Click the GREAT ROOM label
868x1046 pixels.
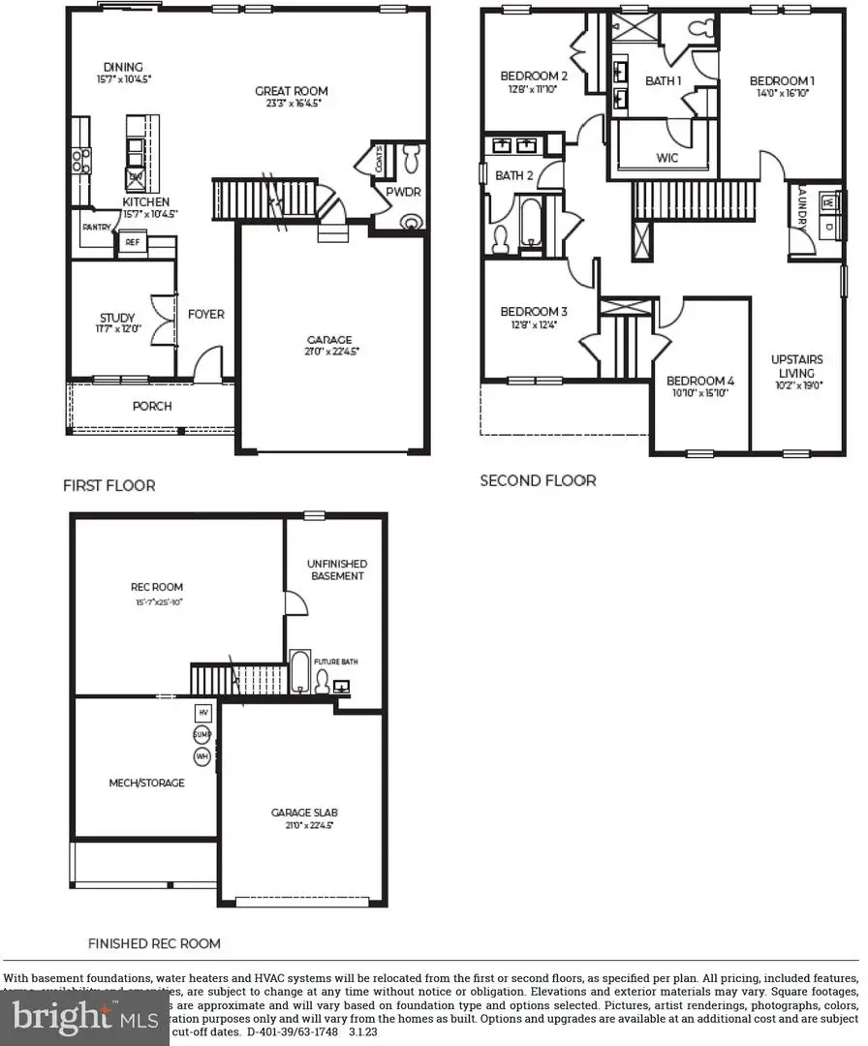tap(288, 91)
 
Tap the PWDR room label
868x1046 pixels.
tap(400, 192)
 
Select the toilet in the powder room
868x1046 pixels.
tap(412, 154)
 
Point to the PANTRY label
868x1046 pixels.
tap(95, 228)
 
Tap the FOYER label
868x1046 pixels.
tap(205, 314)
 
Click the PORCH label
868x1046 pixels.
tap(152, 406)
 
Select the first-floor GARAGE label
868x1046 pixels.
tap(329, 340)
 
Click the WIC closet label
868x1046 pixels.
tap(666, 158)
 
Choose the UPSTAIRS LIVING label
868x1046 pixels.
tap(793, 366)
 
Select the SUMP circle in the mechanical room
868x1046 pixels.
tap(202, 734)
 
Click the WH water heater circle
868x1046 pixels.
tap(202, 755)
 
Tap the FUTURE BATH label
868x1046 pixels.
tap(335, 662)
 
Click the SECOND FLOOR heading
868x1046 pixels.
tap(538, 480)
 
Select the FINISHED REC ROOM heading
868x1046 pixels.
tap(154, 942)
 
